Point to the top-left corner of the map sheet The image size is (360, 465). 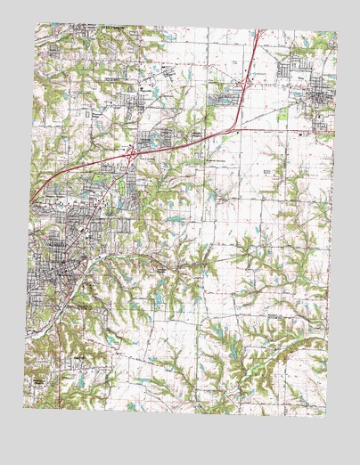tap(37, 24)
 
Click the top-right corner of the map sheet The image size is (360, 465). tap(337, 32)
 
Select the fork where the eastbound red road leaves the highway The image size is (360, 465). tap(233, 130)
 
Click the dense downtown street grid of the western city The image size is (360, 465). tap(53, 258)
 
